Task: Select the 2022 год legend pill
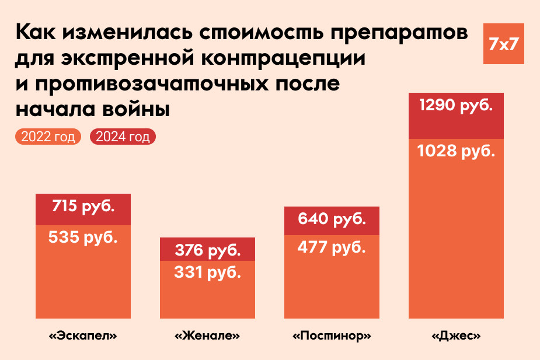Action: [48, 137]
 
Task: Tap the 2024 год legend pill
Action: [123, 137]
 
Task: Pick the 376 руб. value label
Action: [207, 250]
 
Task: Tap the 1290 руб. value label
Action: [456, 107]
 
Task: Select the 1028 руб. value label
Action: [456, 151]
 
